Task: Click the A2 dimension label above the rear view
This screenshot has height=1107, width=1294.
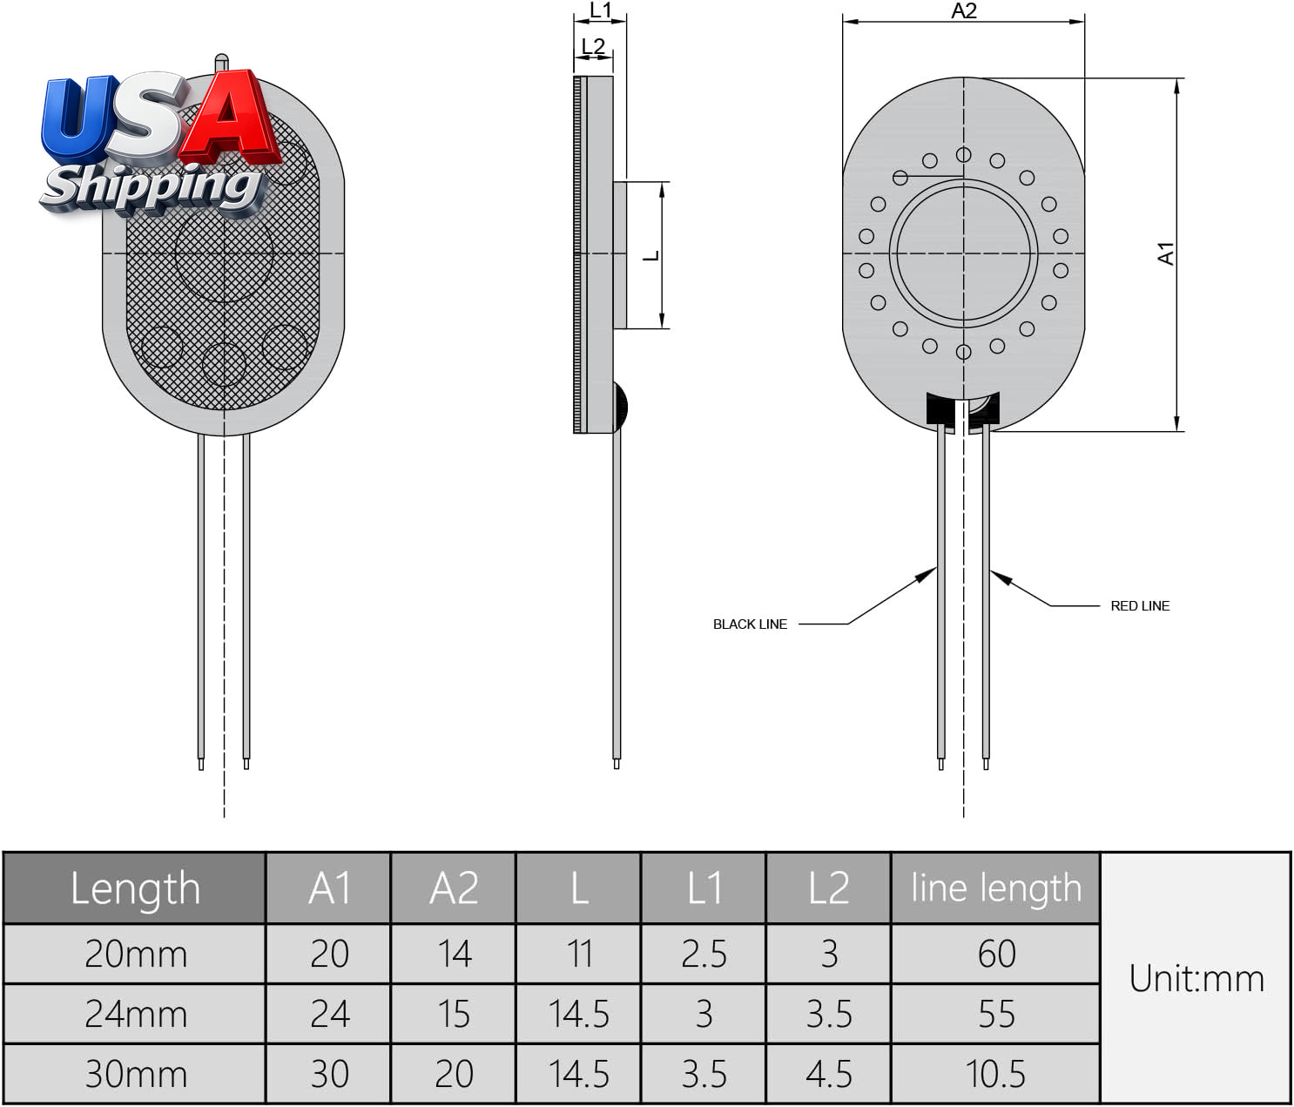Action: (963, 10)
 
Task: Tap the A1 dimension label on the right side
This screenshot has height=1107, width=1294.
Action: (1166, 253)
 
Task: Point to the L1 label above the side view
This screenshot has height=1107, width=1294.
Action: (600, 10)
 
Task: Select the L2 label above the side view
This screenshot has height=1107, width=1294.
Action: (593, 45)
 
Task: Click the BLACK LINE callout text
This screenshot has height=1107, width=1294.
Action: (750, 624)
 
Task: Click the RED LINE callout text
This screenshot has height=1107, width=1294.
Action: (1140, 606)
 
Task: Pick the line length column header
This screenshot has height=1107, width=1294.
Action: (996, 888)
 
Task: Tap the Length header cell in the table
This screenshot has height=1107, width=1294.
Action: (135, 888)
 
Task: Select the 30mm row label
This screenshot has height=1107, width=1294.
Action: (136, 1074)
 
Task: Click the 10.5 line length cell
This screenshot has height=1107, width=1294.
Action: (995, 1074)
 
